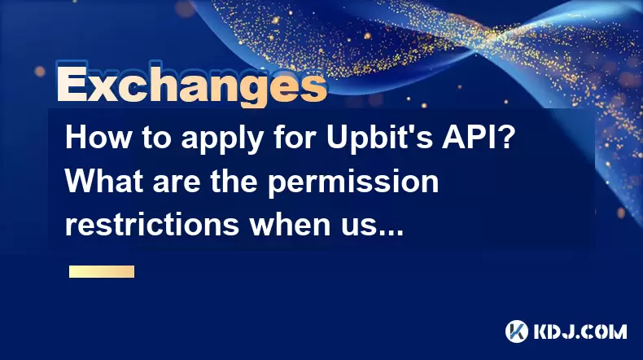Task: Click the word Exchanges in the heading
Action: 192,85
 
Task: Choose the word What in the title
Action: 105,181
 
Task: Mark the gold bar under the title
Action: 102,272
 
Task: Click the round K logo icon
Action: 517,331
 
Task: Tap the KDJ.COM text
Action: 580,331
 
